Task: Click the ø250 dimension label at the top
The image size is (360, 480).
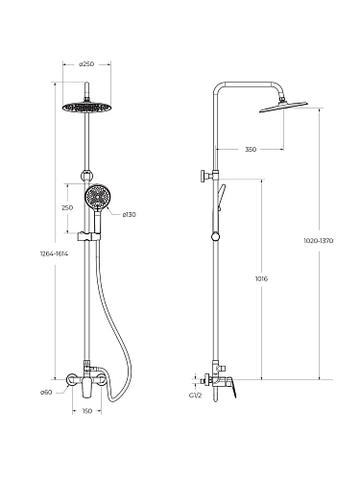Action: [86, 64]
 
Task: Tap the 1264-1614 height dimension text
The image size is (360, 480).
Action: [54, 253]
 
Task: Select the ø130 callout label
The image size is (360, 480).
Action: [130, 215]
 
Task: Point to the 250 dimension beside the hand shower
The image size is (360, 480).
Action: [67, 207]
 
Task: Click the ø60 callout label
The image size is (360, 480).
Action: [46, 393]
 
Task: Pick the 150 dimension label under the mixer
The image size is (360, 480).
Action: [87, 411]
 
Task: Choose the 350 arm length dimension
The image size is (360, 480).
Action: [251, 149]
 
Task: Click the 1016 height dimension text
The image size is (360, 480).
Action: [261, 278]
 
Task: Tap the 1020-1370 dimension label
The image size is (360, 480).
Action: [319, 241]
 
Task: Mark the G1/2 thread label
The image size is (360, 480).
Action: [196, 396]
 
